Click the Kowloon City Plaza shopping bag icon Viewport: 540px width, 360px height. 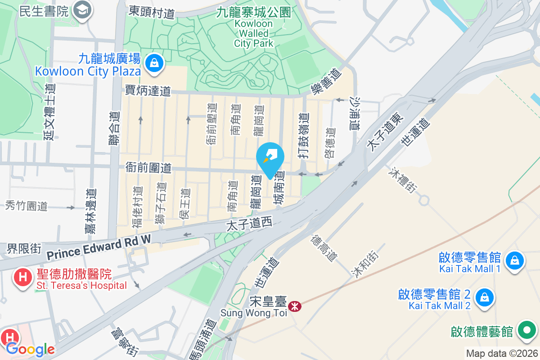154,63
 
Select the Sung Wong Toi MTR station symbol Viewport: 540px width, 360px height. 295,306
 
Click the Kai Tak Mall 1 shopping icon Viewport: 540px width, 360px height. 513,260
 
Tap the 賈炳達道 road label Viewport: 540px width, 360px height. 148,91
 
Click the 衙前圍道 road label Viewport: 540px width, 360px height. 148,168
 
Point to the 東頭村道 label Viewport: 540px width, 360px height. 151,12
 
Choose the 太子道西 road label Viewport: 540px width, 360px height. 249,223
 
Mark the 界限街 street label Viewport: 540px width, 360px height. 24,248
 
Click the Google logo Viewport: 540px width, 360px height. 30,349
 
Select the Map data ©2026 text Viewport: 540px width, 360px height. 501,353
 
